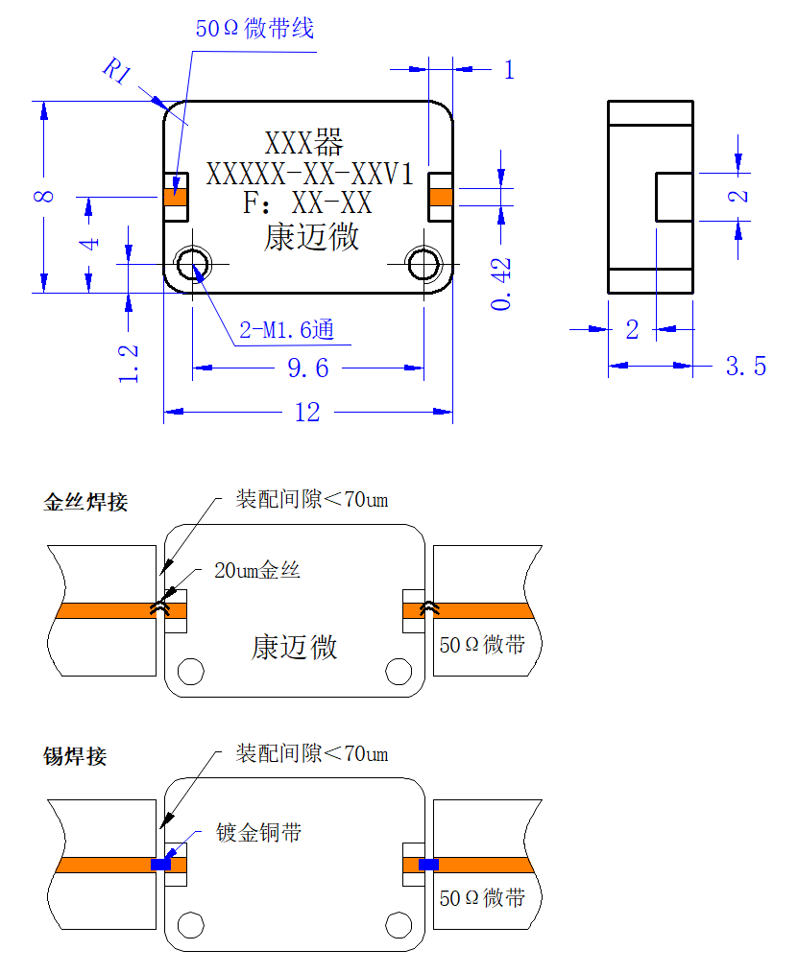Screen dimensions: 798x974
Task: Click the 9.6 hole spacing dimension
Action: (307, 368)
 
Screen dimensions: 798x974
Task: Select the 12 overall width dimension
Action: (307, 412)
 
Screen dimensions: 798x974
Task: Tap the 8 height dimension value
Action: (43, 197)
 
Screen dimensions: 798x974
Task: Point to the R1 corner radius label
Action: (117, 69)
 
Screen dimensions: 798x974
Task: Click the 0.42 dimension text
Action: (501, 284)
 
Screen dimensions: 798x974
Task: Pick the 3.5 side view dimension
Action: (746, 366)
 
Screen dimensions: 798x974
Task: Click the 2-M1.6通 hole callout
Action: (287, 330)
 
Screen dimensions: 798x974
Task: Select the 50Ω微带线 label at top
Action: (254, 28)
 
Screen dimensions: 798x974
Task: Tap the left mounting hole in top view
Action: (193, 264)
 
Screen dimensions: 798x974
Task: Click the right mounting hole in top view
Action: (423, 264)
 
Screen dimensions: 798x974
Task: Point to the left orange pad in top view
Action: (176, 198)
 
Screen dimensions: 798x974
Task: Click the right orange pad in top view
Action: (441, 198)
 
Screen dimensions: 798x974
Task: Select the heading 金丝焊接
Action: (85, 502)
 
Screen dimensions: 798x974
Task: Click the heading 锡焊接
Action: (75, 756)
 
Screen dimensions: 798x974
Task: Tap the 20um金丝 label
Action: (257, 570)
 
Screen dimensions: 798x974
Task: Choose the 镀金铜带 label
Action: (258, 832)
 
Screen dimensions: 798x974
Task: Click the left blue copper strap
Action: (161, 864)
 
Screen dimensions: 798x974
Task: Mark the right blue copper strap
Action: (429, 864)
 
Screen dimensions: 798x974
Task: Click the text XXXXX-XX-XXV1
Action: (309, 174)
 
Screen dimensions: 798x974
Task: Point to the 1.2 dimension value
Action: (128, 364)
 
